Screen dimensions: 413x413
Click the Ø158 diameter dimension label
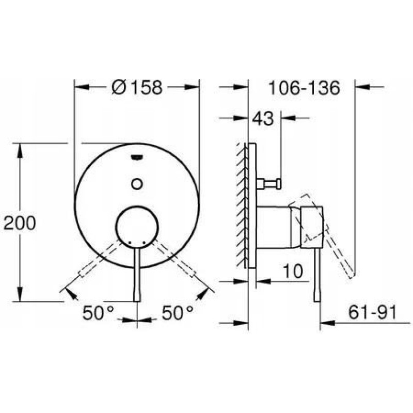(137, 87)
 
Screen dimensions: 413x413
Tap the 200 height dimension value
(20, 223)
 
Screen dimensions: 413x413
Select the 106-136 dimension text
(304, 88)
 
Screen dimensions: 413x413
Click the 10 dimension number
(293, 271)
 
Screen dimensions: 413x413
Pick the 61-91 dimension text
(372, 312)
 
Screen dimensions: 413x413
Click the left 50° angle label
(98, 313)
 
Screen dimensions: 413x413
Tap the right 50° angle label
(177, 313)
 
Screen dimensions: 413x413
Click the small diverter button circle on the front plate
(137, 184)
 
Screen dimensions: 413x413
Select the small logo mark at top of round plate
(137, 157)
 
